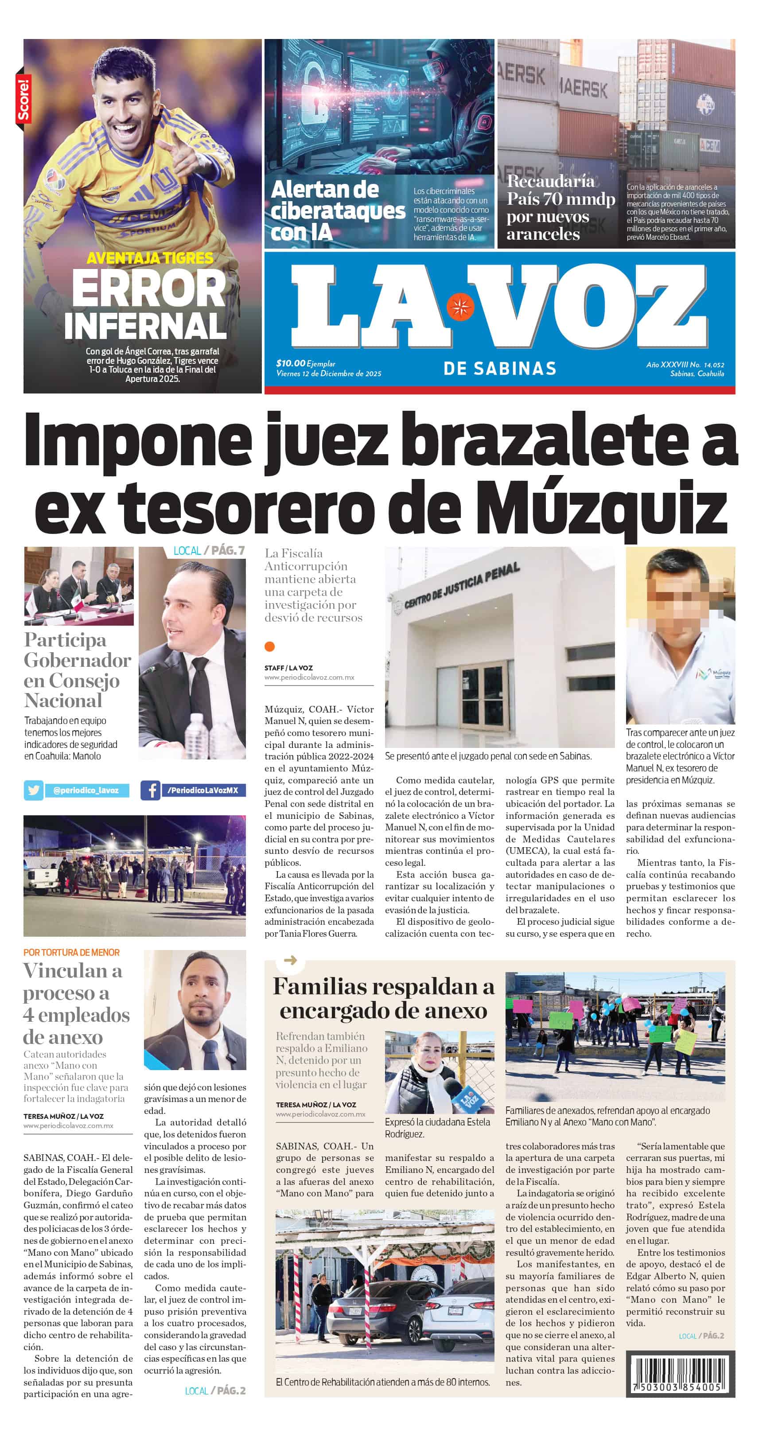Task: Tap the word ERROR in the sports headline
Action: tap(149, 288)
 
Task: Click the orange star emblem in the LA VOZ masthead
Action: tap(460, 306)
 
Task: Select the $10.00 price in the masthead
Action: tap(291, 363)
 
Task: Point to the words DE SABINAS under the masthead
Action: tap(499, 368)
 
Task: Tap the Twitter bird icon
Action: tap(33, 790)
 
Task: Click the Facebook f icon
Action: tap(150, 790)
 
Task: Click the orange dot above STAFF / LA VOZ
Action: tap(270, 646)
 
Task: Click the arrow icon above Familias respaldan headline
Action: tap(290, 960)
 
